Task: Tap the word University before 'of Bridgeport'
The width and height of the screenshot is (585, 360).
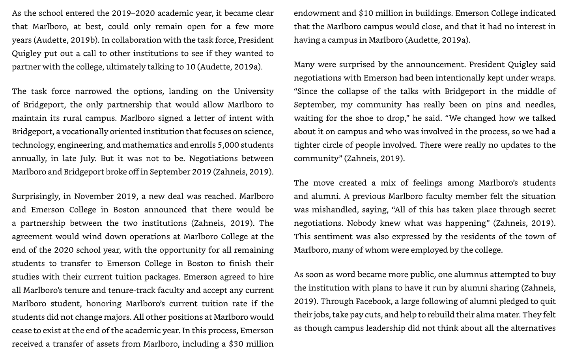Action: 254,92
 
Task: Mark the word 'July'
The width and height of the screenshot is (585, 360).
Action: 88,159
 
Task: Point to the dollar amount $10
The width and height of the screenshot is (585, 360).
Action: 366,13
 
